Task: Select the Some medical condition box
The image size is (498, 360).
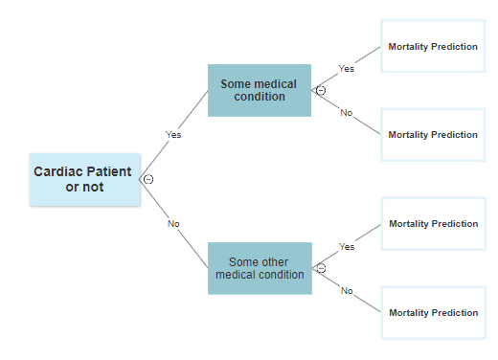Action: [259, 90]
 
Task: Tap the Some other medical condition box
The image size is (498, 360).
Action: [259, 268]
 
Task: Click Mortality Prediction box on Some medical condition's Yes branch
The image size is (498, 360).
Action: [432, 46]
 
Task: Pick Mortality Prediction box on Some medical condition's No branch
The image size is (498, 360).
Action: [432, 135]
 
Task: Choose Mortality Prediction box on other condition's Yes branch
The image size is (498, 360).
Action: [432, 224]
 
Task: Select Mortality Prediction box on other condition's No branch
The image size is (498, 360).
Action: [432, 312]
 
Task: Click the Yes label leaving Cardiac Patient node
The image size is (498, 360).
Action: [173, 135]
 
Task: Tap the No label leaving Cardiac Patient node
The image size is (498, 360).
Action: [173, 224]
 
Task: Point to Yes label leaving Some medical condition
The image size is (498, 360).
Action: [347, 69]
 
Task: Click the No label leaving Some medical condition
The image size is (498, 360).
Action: [347, 113]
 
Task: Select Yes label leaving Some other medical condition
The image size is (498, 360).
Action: [347, 247]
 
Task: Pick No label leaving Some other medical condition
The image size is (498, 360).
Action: [347, 291]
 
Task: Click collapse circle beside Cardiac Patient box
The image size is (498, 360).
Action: [148, 179]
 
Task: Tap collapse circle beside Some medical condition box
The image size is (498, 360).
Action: [321, 90]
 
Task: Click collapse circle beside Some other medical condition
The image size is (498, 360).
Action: [321, 268]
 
